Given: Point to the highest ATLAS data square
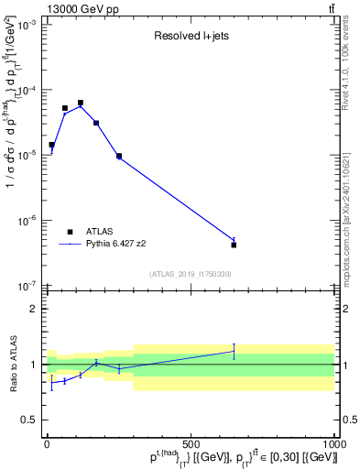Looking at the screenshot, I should [81, 103].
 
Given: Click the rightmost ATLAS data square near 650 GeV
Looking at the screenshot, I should [234, 245].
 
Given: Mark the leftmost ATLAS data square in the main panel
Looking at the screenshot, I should [52, 145].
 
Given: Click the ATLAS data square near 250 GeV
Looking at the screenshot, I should [119, 156].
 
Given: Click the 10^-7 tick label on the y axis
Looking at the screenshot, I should [27, 286].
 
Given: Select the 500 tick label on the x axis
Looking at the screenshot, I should [191, 444].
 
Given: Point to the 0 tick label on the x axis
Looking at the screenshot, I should [47, 444].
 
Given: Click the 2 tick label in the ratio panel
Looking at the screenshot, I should [33, 309].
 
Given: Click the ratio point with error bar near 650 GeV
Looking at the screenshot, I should [234, 351].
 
